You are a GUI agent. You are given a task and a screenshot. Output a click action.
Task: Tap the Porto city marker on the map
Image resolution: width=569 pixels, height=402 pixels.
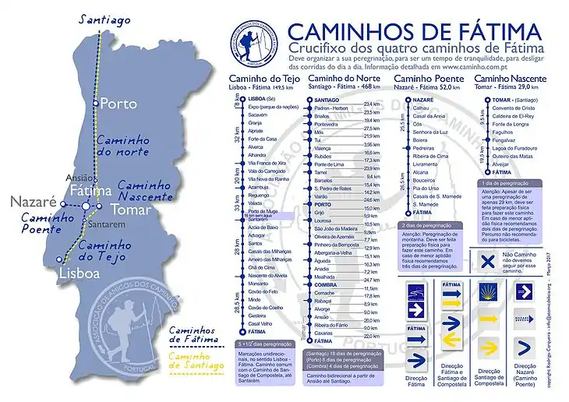click(95, 103)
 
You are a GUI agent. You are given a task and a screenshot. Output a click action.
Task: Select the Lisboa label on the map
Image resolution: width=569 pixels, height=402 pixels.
click(79, 274)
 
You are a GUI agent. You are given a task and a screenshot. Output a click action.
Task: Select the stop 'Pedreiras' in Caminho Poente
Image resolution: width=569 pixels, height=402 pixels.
click(424, 147)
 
